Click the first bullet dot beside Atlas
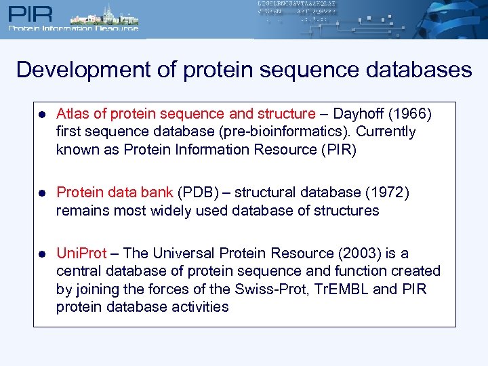[x=42, y=115]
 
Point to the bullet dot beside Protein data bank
[x=42, y=193]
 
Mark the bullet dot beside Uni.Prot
[x=42, y=254]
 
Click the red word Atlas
[x=72, y=114]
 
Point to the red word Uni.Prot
[x=81, y=253]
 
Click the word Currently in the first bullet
[x=386, y=131]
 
